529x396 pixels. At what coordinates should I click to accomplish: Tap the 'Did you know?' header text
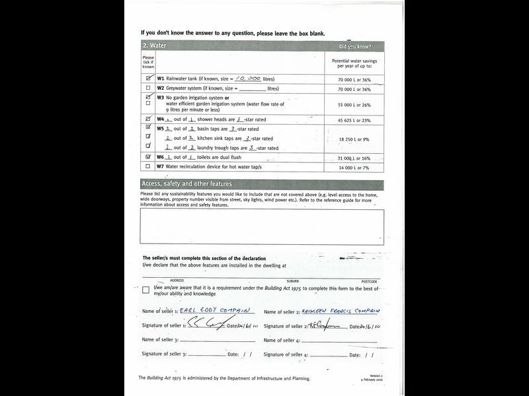[354, 47]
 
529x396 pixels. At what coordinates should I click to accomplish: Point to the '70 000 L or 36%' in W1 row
[354, 79]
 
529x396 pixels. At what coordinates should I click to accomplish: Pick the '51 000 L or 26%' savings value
[354, 104]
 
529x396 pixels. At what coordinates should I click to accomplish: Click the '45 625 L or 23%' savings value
[354, 120]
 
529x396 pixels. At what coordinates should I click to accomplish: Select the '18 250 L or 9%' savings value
[354, 139]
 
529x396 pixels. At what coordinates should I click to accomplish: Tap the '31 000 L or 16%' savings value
[354, 158]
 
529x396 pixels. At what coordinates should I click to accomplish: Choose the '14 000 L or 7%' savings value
[354, 168]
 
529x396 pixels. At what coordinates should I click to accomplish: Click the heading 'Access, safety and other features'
[186, 184]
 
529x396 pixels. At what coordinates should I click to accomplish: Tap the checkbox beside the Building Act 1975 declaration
[146, 290]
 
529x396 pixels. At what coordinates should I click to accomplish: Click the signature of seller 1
[210, 323]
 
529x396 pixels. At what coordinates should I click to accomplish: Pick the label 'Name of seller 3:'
[160, 340]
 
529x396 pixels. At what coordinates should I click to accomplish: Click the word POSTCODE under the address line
[369, 281]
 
